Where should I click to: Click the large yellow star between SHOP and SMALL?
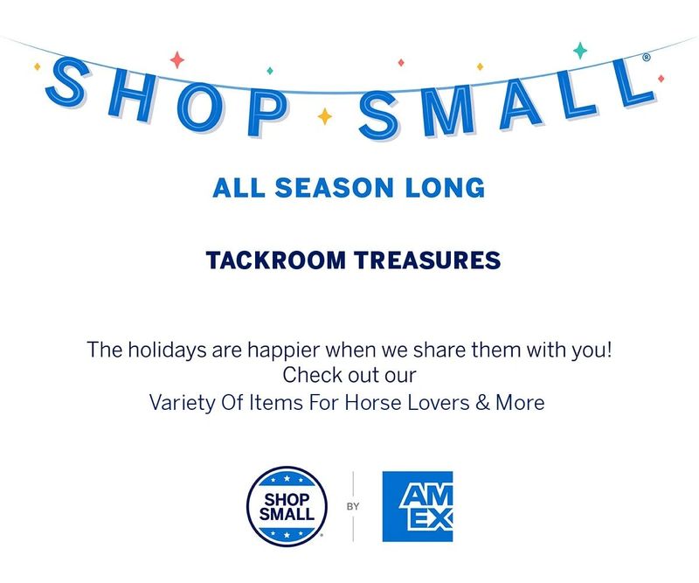pos(324,116)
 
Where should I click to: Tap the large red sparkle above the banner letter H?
pos(177,59)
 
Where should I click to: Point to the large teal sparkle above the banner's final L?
pos(580,51)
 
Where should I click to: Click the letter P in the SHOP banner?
pos(266,114)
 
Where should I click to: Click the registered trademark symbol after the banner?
pos(647,57)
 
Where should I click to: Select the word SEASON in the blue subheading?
pos(335,188)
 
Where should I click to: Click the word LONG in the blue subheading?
pos(445,188)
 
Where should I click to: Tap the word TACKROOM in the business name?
pos(276,260)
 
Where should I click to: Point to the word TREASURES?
pos(427,260)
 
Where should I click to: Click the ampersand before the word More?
pos(482,402)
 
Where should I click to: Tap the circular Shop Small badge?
pos(287,507)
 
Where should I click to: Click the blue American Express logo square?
pos(418,507)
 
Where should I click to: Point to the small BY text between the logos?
pos(353,507)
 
